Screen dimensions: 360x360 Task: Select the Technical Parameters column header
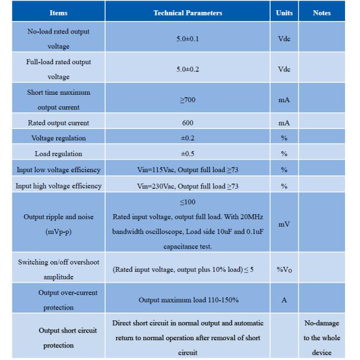click(187, 12)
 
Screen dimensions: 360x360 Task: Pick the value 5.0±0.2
click(187, 69)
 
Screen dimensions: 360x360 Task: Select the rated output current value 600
click(187, 123)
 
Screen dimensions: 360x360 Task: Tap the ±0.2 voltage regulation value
click(187, 139)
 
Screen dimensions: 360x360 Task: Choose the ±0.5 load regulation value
click(187, 154)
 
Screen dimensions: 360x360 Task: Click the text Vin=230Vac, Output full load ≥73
click(187, 186)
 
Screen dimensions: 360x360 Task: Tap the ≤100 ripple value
click(187, 202)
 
